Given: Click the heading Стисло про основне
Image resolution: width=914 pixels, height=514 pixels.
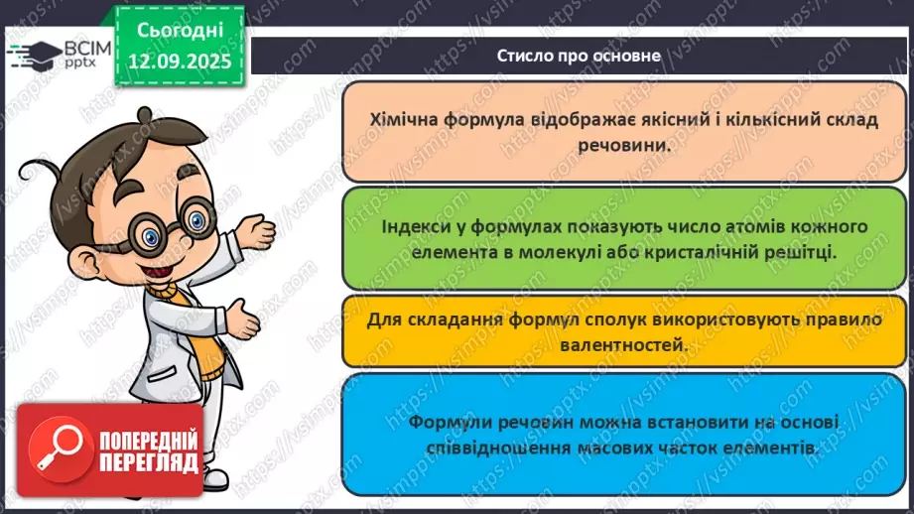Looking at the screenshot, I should pyautogui.click(x=579, y=56).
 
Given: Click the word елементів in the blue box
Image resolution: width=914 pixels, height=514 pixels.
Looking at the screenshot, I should pyautogui.click(x=770, y=448).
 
